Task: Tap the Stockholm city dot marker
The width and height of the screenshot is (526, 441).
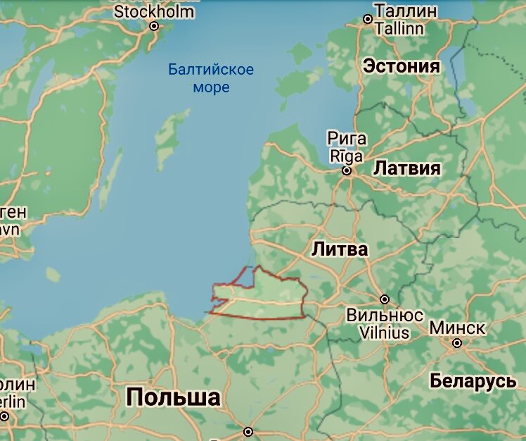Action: click(x=154, y=27)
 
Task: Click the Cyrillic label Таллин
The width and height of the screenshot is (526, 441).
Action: click(x=405, y=11)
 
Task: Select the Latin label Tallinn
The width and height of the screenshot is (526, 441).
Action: click(x=399, y=29)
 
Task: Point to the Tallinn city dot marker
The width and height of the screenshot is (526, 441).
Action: click(x=367, y=19)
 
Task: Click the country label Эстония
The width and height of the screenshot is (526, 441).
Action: click(x=401, y=67)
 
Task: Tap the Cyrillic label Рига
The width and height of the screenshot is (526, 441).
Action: click(x=347, y=138)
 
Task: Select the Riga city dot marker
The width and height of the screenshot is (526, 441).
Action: click(x=346, y=170)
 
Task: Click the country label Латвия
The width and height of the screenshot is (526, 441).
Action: click(x=406, y=168)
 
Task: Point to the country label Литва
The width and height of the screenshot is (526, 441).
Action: click(x=340, y=249)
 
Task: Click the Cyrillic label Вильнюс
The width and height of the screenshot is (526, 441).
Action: click(x=385, y=315)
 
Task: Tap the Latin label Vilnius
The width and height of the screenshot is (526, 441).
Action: click(x=385, y=332)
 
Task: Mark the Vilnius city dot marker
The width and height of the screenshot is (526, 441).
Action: click(x=384, y=299)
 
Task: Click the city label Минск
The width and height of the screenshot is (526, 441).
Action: click(x=457, y=328)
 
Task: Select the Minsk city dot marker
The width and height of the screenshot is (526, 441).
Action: click(x=457, y=343)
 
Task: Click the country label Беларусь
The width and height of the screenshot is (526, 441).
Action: click(x=473, y=381)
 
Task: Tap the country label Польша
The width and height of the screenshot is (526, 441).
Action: click(x=173, y=397)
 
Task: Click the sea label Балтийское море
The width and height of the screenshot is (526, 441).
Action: click(x=211, y=78)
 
